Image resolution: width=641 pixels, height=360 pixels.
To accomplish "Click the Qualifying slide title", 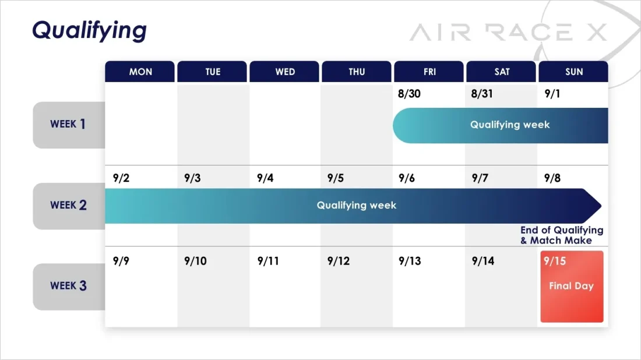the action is tap(89, 31).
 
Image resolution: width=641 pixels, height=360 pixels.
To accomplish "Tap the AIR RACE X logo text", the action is tap(508, 32).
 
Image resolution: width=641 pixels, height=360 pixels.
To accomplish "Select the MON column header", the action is tap(140, 72).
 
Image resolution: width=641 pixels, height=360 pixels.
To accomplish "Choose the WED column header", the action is tap(284, 72).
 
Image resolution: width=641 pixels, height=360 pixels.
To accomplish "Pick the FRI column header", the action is tap(429, 72).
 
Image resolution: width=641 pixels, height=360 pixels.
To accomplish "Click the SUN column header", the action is tap(573, 72).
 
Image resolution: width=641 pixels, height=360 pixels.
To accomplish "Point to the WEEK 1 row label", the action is tap(69, 125).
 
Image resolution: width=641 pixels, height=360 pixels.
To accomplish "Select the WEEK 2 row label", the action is tap(69, 206).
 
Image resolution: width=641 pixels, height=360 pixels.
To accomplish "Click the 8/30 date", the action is tap(409, 94).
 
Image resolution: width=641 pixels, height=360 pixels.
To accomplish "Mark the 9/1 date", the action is tap(552, 94).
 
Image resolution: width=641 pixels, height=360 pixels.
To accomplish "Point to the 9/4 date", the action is tap(265, 178).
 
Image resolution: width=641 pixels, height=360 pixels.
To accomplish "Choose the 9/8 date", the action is tap(552, 178).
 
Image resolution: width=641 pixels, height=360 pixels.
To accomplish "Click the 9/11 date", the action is tap(268, 261).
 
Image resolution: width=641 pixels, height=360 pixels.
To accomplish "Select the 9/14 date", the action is tap(483, 261).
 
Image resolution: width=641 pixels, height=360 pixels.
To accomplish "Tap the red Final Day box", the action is tap(572, 287).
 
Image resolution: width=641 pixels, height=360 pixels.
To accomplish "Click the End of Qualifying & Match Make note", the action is tap(562, 235).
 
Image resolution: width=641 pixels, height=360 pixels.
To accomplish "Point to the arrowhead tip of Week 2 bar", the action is tap(601, 206).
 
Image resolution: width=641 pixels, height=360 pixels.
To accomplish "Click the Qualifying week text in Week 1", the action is tap(510, 125).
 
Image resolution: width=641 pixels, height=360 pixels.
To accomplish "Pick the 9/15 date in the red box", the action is tap(555, 261).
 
